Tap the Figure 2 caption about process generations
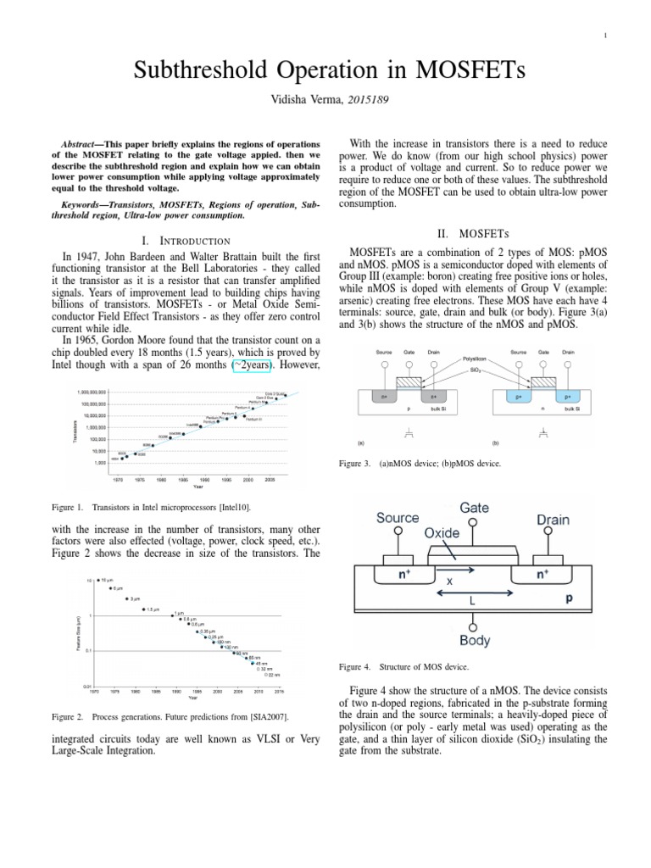pos(170,717)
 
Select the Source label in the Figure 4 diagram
pos(398,518)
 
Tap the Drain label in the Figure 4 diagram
pos(552,519)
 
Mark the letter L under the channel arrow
pos(474,599)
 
